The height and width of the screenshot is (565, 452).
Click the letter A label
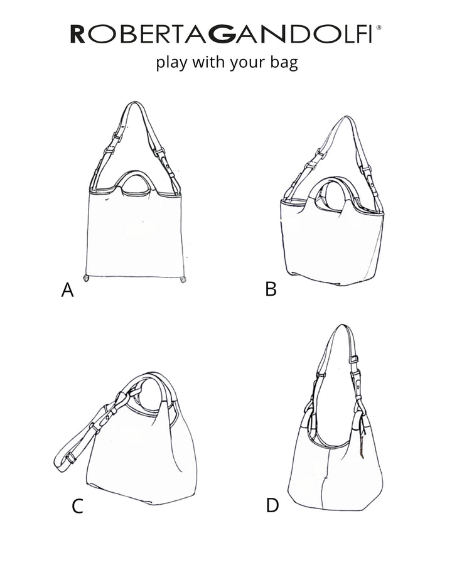[x=67, y=290]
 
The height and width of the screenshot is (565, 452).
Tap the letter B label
[x=271, y=289]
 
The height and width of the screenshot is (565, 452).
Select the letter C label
[x=77, y=506]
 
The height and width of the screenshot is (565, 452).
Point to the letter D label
[x=272, y=505]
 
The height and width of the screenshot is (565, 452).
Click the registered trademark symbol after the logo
[x=378, y=28]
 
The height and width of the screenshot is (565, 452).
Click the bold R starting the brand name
[x=77, y=34]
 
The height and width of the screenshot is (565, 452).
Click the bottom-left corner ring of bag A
[x=87, y=277]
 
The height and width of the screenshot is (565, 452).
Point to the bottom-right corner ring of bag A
[x=183, y=277]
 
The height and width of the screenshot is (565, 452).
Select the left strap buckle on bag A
[x=115, y=140]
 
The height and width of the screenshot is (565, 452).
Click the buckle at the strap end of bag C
[x=71, y=457]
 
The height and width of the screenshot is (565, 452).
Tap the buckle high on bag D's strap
[x=353, y=359]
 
